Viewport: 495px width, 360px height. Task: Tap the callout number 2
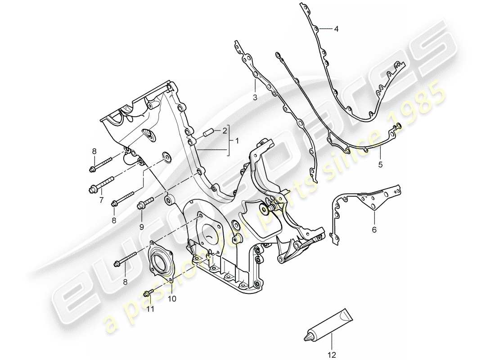[x=224, y=131]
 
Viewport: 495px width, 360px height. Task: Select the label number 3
[x=254, y=97]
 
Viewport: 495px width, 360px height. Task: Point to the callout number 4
[x=336, y=29]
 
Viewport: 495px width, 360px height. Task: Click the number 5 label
[x=380, y=165]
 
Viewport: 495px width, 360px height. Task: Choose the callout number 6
[x=374, y=230]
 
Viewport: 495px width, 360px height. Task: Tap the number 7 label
[x=101, y=199]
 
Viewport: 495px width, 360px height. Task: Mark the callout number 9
[x=141, y=227]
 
